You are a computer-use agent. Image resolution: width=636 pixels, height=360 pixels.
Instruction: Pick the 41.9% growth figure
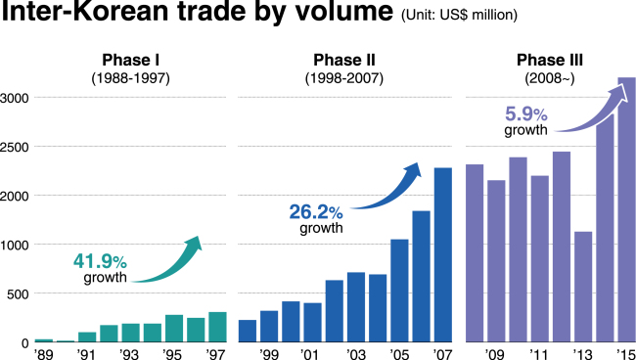coord(100,261)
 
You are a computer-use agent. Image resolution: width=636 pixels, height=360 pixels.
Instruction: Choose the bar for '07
coord(443,254)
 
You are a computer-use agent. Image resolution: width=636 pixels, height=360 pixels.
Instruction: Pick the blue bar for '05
coord(399,290)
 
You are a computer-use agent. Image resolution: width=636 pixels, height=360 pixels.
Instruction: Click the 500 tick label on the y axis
coord(18,293)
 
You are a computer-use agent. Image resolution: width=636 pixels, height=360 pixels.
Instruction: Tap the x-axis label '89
coord(43,352)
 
